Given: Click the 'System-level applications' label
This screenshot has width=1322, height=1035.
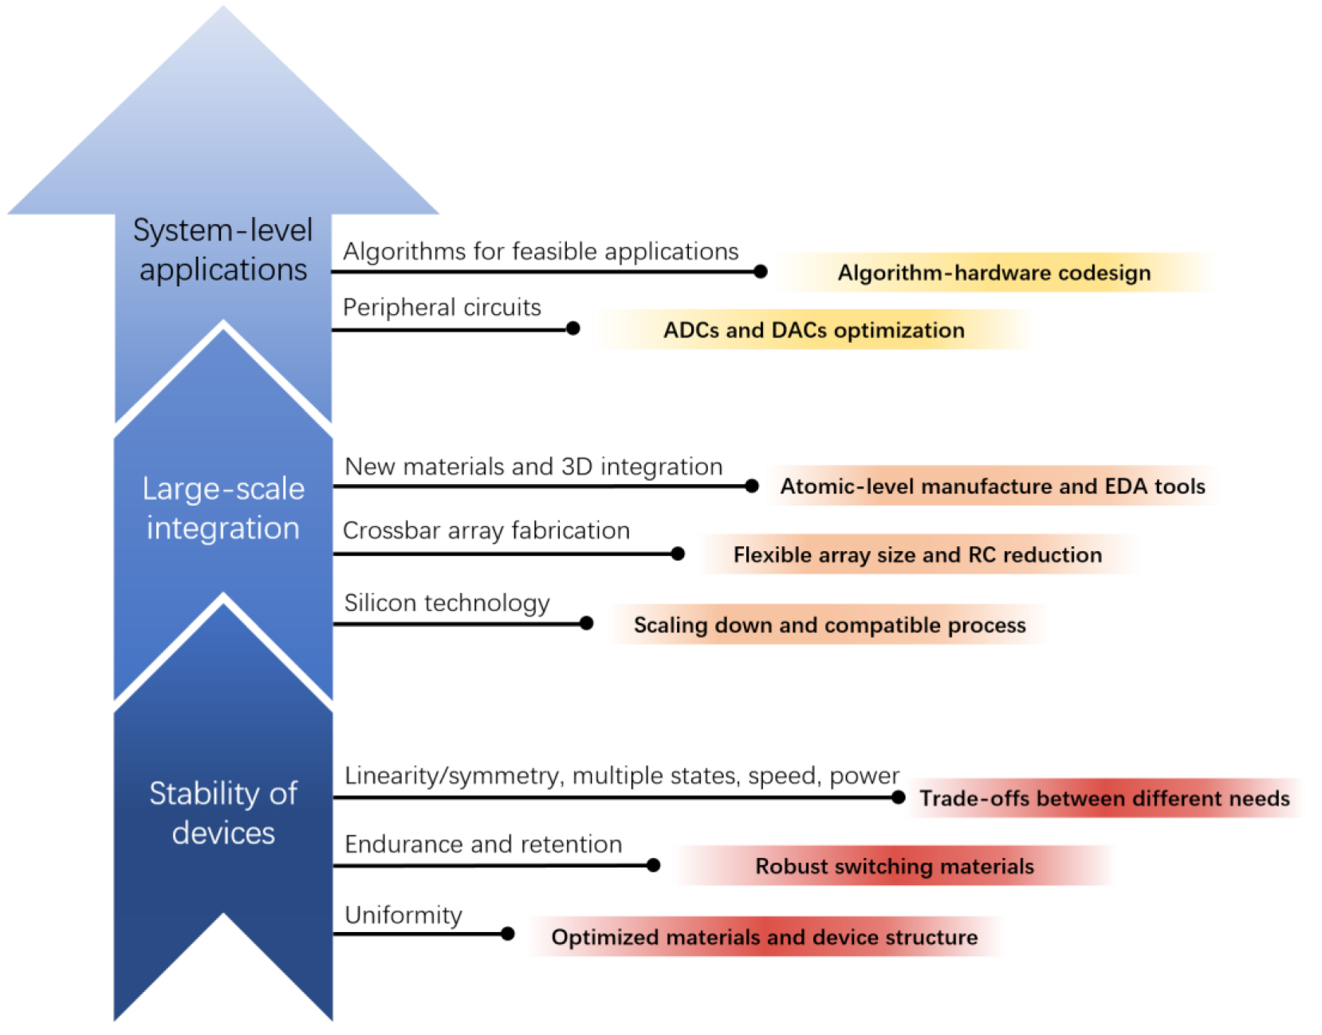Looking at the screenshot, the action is (x=222, y=250).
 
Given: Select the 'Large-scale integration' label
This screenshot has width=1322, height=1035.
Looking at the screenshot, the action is (x=223, y=508).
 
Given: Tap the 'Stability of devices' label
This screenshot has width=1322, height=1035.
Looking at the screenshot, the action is (x=223, y=813).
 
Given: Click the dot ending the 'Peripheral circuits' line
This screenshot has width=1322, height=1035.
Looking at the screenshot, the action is (x=572, y=329).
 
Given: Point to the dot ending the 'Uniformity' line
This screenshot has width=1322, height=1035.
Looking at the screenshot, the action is (x=508, y=934).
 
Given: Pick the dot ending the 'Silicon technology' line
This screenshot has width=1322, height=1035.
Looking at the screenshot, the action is (x=587, y=624).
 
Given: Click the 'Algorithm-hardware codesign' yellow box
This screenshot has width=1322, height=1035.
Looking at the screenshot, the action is (x=994, y=273).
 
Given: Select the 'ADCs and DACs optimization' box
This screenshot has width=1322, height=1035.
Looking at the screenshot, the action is (x=814, y=329).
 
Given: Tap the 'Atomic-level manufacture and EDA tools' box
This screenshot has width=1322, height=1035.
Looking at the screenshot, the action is (x=993, y=486).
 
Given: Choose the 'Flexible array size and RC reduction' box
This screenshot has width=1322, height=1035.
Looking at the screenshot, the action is (x=918, y=555).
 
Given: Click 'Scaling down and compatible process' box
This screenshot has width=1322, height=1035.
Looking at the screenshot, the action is (x=830, y=624).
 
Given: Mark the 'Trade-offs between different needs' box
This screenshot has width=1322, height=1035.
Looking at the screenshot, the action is (x=1105, y=798).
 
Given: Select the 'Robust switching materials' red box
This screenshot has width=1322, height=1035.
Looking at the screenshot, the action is (x=895, y=866).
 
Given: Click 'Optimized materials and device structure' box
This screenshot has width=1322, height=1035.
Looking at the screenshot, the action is (x=765, y=937).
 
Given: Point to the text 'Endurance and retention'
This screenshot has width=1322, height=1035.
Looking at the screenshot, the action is (x=483, y=844).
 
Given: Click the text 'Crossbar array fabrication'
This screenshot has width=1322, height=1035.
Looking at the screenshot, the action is (x=486, y=530).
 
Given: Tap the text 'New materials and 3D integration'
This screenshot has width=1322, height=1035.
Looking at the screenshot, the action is (x=533, y=467).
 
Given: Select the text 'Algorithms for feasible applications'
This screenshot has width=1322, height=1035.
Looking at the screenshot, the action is (x=541, y=251).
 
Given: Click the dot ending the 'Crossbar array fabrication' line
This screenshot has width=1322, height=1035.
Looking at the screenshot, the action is (x=678, y=553).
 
